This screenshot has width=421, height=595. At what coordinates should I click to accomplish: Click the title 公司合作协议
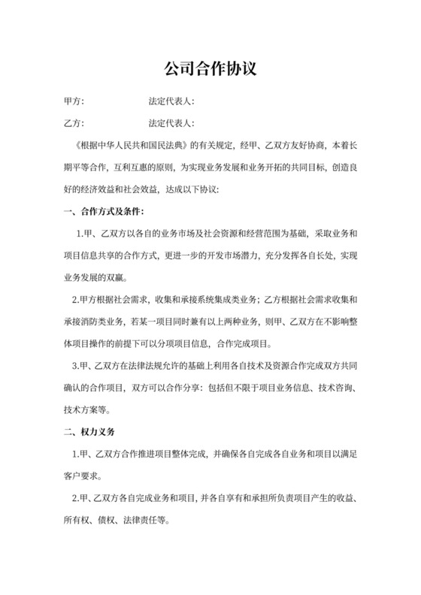(210, 69)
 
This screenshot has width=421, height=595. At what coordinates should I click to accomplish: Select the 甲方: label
(74, 100)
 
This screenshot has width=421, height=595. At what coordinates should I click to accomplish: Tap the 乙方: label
(74, 122)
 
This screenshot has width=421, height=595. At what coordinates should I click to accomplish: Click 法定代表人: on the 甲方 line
(172, 100)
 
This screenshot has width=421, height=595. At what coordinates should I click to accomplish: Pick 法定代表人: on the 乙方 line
(172, 122)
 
